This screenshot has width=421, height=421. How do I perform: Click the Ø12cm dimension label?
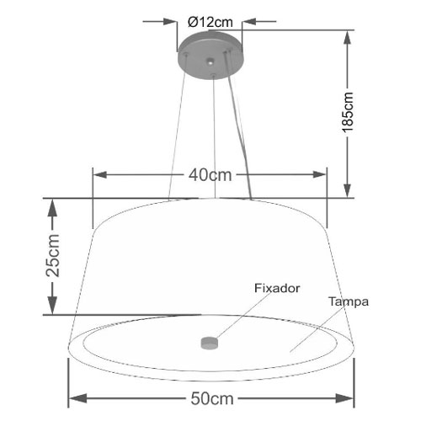(x=210, y=22)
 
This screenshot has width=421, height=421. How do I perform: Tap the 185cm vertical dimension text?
(x=347, y=112)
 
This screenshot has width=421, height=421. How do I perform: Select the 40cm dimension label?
(x=210, y=175)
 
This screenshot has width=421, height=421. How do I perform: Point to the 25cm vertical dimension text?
(x=53, y=255)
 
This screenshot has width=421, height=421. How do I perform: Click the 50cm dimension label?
(x=212, y=398)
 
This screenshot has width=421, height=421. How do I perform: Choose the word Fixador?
(x=277, y=288)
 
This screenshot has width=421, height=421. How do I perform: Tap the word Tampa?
(x=349, y=302)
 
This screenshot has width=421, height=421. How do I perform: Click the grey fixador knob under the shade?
(x=210, y=343)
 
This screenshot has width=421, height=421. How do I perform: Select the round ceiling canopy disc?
(x=210, y=56)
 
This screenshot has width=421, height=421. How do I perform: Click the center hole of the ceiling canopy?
(x=210, y=61)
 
